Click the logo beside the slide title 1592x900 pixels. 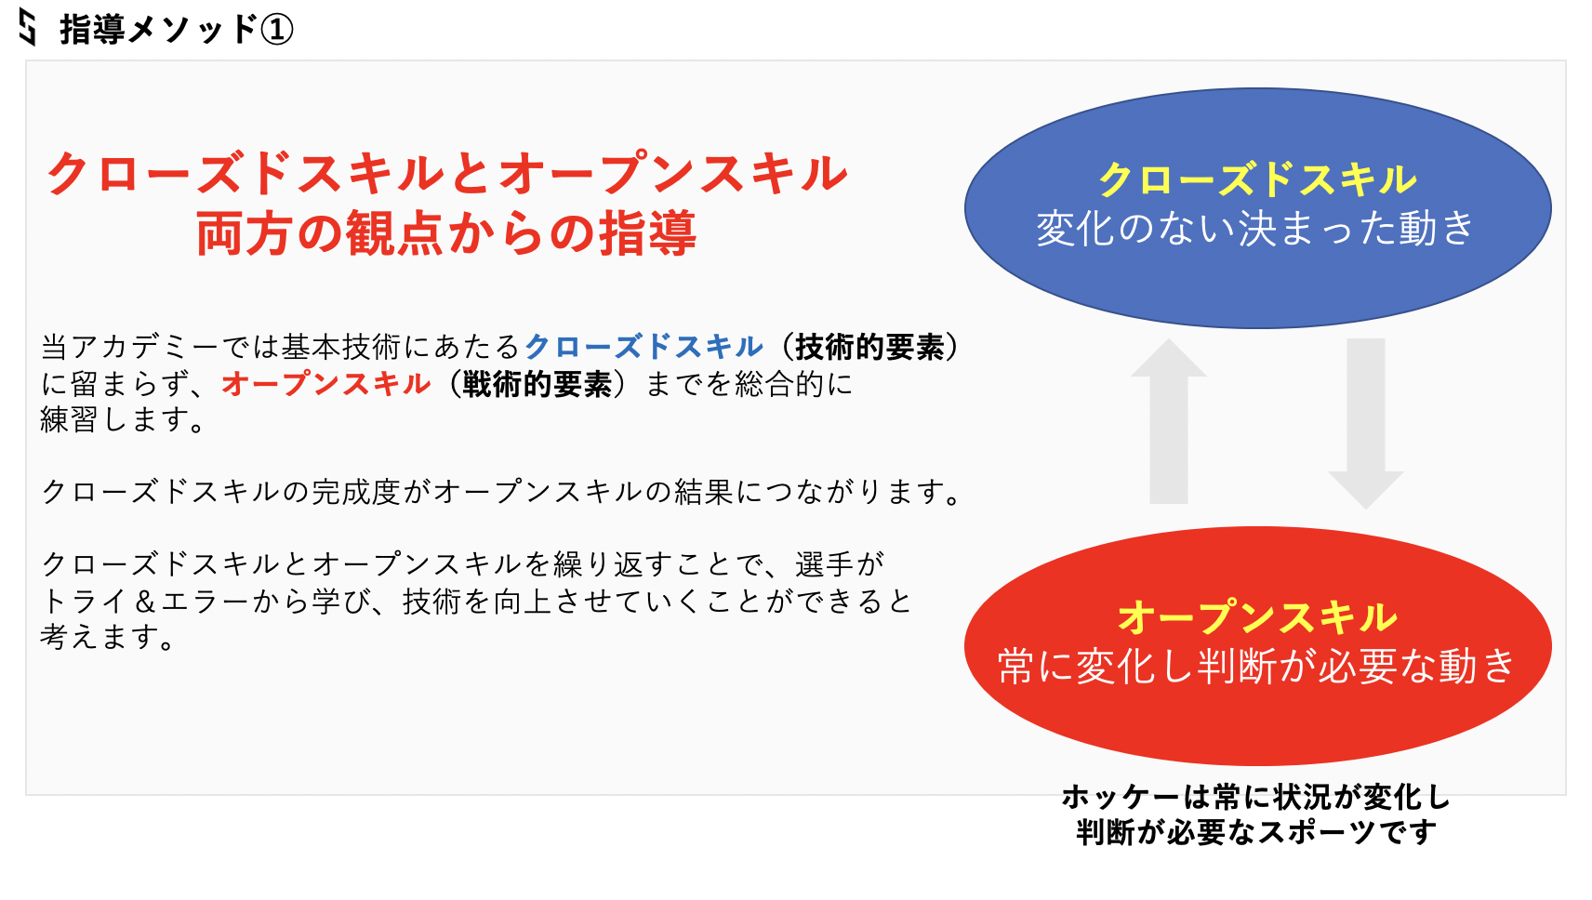point(27,27)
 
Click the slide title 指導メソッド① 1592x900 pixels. point(177,30)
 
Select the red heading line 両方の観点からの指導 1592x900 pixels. point(445,233)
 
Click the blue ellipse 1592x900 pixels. point(1257,207)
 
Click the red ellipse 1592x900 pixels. point(1257,645)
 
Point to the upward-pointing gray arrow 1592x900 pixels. point(1168,420)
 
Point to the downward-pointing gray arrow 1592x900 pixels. point(1365,423)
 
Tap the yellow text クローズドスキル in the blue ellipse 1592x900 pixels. point(1257,179)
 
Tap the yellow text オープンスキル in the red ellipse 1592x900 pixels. point(1257,616)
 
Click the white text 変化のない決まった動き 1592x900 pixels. point(1255,228)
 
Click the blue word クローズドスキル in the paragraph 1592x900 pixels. point(643,347)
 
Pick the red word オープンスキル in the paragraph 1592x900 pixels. point(326,384)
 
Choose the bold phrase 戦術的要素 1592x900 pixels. point(537,384)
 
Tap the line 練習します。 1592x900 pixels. point(123,420)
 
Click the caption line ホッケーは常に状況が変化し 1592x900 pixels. point(1255,797)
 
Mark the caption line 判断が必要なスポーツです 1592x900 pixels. point(1255,832)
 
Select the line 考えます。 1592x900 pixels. point(107,637)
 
